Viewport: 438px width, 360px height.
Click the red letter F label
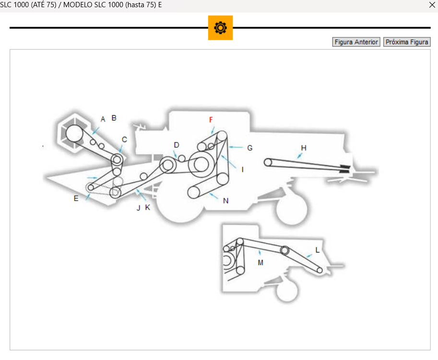(211, 120)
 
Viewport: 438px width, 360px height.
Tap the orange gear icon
(220, 28)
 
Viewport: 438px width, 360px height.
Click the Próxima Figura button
(407, 42)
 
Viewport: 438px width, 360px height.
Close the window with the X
(431, 5)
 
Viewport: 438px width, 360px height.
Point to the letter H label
(303, 147)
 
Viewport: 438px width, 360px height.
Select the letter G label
(249, 148)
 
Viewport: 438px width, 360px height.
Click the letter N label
(225, 201)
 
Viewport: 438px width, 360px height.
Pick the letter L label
(317, 250)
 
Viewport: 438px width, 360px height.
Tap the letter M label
(260, 263)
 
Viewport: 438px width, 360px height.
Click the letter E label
(76, 198)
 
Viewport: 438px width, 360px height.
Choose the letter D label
(177, 145)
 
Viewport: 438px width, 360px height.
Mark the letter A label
(103, 119)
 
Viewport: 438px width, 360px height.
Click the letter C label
(124, 140)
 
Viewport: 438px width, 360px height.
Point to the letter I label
(243, 169)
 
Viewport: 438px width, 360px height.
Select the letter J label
(139, 208)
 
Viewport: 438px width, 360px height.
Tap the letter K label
(148, 207)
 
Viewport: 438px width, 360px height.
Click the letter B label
(114, 118)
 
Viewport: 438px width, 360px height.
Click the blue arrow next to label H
(299, 155)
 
